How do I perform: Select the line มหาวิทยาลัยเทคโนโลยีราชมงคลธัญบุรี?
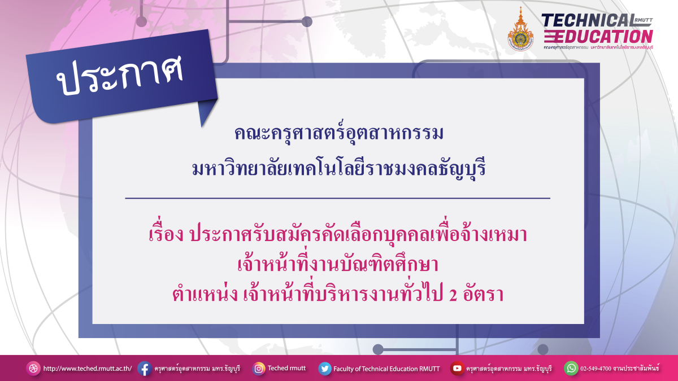(x=339, y=168)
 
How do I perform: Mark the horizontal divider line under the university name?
(x=337, y=198)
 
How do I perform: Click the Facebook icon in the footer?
(x=144, y=369)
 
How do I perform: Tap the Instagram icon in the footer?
(x=259, y=369)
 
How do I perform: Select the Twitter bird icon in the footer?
(x=324, y=369)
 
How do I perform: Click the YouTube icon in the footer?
(x=457, y=369)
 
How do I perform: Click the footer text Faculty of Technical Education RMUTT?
(x=386, y=369)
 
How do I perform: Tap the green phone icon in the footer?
(x=571, y=369)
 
